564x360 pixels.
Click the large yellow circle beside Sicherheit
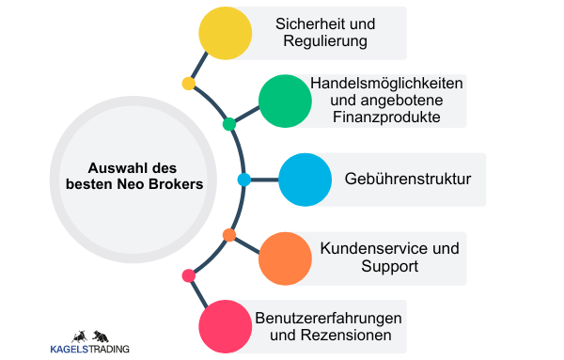point(226,33)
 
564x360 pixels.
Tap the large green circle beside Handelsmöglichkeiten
point(285,101)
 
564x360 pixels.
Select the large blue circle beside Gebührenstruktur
point(305,179)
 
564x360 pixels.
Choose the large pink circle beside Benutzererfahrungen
point(226,326)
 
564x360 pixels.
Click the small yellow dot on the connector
point(189,84)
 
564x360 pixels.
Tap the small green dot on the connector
point(228,124)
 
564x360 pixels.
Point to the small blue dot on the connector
point(244,179)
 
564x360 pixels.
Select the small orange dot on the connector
point(228,234)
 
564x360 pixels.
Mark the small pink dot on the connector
point(189,275)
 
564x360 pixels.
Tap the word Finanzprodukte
point(386,117)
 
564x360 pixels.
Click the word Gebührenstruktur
point(408,179)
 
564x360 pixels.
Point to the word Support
point(389,267)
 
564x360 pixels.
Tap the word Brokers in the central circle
point(173,185)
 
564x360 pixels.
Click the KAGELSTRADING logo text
point(90,350)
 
